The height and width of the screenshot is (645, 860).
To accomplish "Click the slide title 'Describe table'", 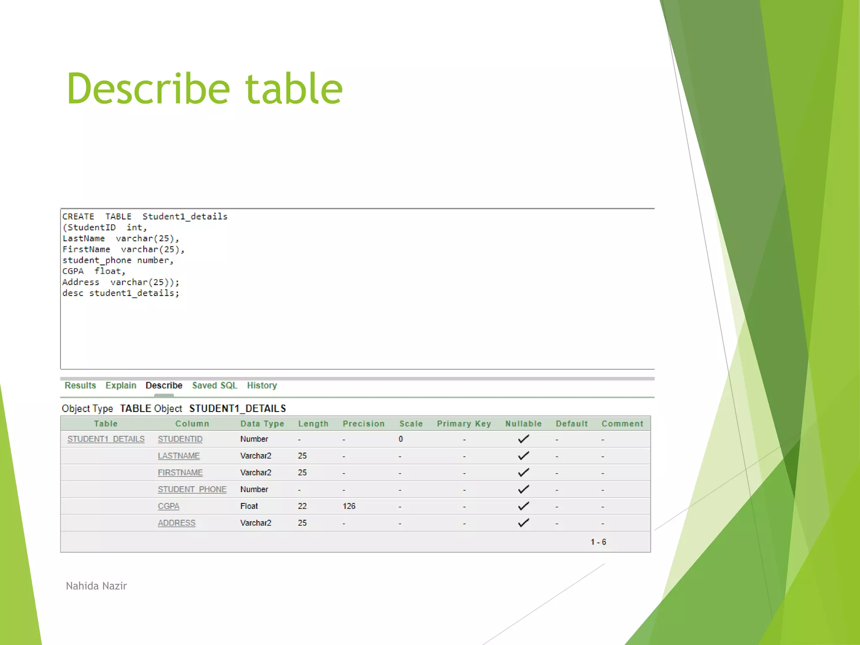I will point(205,89).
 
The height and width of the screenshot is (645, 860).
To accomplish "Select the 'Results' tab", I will point(80,385).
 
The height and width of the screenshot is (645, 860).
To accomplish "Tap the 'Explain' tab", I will point(121,385).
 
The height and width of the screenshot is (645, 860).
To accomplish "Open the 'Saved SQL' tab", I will point(215,385).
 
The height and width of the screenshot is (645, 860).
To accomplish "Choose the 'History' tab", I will point(262,385).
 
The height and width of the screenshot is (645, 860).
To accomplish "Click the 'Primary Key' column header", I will point(464,424).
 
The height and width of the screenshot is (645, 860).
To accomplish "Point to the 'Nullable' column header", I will point(523,424).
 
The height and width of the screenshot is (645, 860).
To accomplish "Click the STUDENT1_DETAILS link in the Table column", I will point(106,439).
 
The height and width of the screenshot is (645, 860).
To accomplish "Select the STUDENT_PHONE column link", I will point(192,490).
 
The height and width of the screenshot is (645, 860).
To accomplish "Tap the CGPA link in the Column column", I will point(168,506).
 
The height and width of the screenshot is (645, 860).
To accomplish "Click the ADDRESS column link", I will point(176,523).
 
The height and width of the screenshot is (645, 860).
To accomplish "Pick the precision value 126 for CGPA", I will point(349,506).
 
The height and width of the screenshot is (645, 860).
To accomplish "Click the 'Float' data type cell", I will point(249,506).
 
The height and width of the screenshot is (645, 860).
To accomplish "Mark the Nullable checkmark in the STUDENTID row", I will point(523,439).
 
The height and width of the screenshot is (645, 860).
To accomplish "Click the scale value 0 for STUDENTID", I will point(401,439).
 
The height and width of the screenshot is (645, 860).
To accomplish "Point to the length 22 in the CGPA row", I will point(302,506).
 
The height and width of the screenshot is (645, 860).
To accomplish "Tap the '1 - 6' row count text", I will point(598,542).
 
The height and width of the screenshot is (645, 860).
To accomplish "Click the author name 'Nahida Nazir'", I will point(96,586).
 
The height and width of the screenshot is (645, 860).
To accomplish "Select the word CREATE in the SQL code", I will point(79,217).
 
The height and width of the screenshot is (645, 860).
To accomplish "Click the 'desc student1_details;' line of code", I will point(121,293).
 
